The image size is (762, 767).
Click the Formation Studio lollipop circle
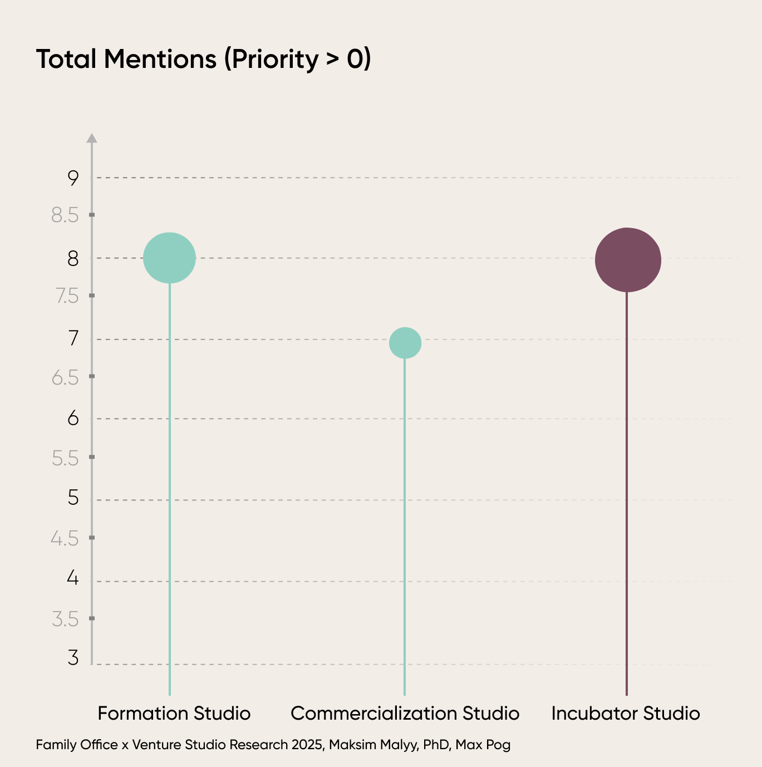pos(169,258)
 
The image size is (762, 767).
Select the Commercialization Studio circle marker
pos(405,343)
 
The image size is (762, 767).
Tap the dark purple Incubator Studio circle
pos(628,260)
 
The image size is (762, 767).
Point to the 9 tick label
pos(73,178)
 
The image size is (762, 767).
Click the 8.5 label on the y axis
pos(65,215)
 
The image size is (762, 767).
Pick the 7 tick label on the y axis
pos(73,338)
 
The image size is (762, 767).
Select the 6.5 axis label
pos(65,378)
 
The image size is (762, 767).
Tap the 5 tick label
pos(73,498)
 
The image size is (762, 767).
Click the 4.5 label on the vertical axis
pos(65,539)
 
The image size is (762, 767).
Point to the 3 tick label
pos(73,658)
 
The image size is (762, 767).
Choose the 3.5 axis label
pos(65,619)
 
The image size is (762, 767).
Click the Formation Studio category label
pos(174,713)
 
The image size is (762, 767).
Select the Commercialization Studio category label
pos(405,713)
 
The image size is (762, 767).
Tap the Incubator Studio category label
pos(626,713)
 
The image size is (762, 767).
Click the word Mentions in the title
pos(160,59)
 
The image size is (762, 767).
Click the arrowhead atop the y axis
pos(92,138)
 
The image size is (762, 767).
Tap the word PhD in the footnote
pos(436,745)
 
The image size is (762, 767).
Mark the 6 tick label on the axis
pos(73,418)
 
